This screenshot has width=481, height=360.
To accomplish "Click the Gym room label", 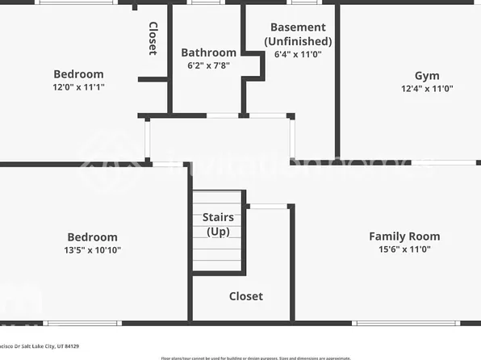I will [427, 76].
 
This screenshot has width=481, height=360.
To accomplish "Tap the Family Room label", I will [404, 237].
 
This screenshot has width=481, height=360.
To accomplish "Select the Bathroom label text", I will [208, 53].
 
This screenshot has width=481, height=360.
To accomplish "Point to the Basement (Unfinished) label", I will [298, 34].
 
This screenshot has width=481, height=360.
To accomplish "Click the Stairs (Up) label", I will [218, 224].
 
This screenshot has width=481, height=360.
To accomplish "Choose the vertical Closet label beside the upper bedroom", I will [153, 38].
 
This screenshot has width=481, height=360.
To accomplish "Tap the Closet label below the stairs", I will [245, 296].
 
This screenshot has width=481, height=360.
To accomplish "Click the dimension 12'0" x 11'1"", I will [78, 87].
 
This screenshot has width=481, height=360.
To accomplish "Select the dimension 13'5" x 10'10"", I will [91, 250].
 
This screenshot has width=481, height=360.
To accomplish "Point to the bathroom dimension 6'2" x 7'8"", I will [208, 66].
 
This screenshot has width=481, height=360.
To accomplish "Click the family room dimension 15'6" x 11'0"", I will [404, 249].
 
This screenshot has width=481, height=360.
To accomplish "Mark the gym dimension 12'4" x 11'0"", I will [427, 89].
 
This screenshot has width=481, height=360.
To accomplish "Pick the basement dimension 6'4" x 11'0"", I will [298, 55].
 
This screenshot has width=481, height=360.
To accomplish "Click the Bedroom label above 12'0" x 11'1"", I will [78, 74].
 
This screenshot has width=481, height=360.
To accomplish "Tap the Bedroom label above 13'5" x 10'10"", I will [91, 237].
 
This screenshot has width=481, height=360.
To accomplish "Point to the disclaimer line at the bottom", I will [256, 358].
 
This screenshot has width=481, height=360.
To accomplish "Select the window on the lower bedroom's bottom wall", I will [82, 323].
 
